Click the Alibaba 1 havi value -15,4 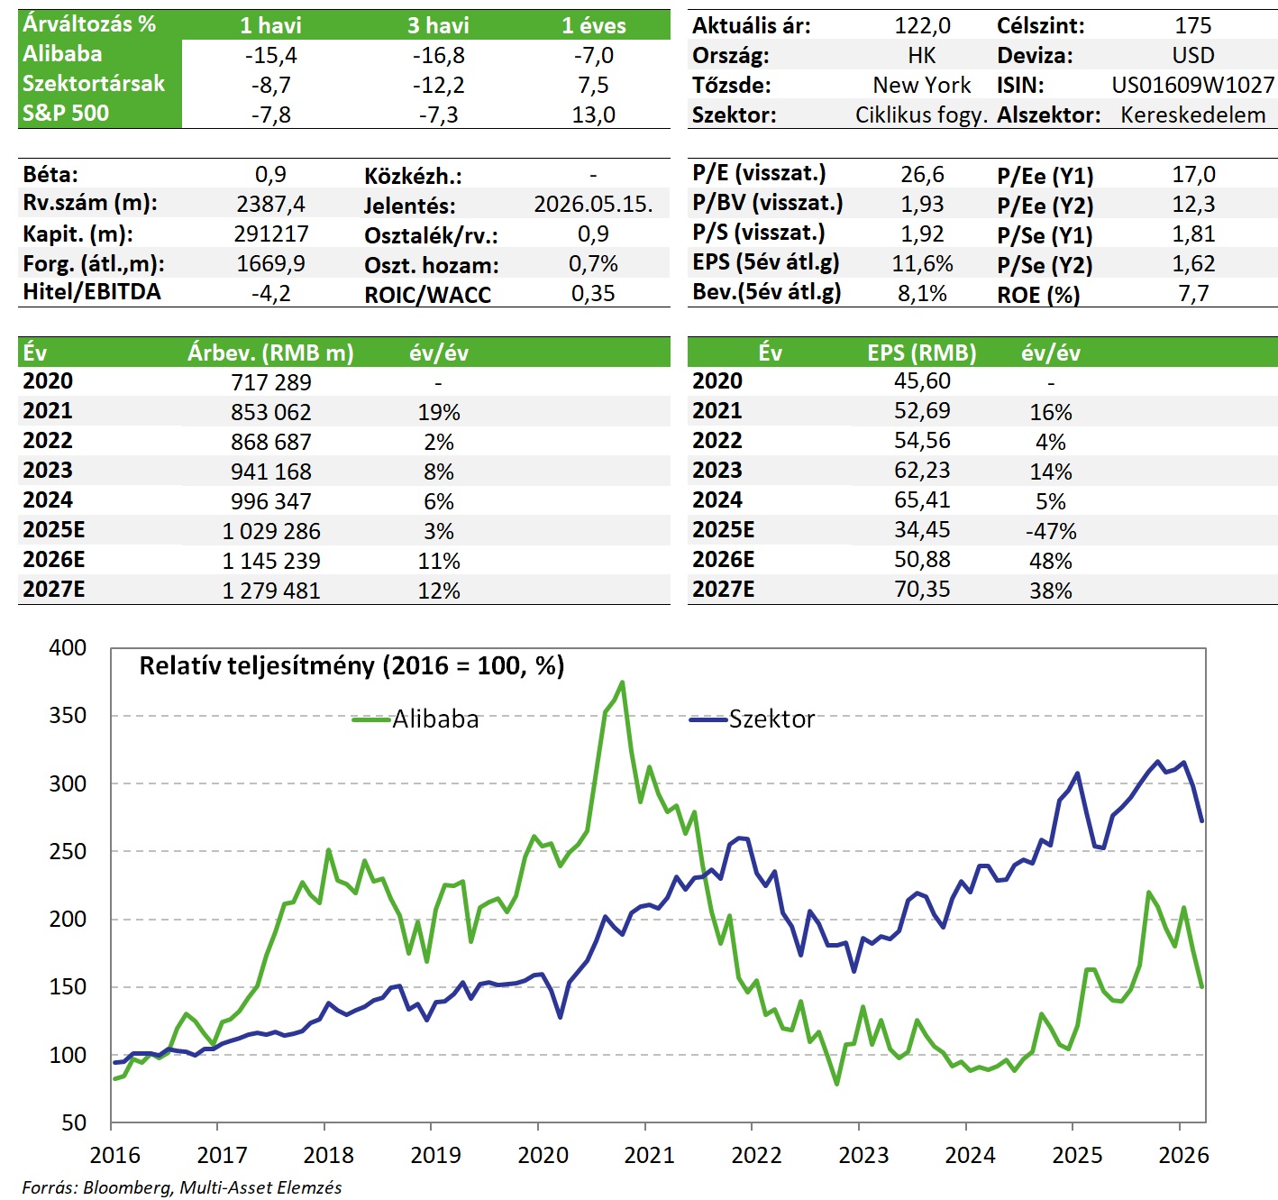(270, 56)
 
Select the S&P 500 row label (66, 114)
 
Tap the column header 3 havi (438, 26)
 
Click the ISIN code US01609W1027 (1192, 86)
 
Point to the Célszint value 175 (1192, 26)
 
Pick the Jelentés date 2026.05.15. (593, 205)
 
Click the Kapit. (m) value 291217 (270, 234)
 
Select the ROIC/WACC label (427, 295)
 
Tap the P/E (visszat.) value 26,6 (922, 175)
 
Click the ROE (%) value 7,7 (1192, 294)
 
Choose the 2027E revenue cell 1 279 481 (270, 591)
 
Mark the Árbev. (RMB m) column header (270, 353)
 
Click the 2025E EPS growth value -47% (1051, 531)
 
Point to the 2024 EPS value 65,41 (922, 500)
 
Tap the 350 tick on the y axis (68, 716)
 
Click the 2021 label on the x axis (649, 1155)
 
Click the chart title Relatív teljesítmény (351, 666)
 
